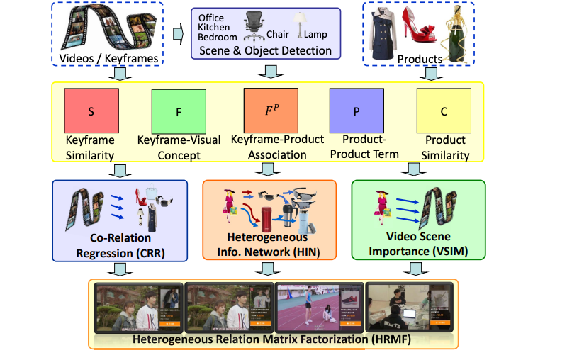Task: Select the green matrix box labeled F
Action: click(179, 111)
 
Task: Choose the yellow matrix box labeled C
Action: click(444, 111)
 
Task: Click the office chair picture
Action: click(253, 27)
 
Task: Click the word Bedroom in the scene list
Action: click(217, 37)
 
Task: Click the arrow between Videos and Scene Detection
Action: click(179, 32)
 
